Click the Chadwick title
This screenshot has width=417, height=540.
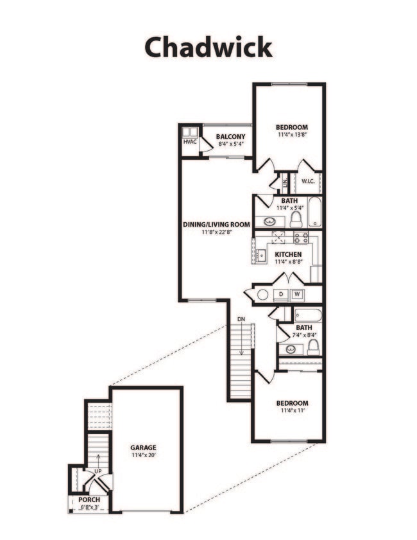click(x=208, y=47)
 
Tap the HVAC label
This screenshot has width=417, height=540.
click(x=189, y=141)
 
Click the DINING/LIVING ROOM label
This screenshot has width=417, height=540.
click(x=216, y=224)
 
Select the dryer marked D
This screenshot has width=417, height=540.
click(x=281, y=295)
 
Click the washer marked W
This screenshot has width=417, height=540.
click(x=298, y=295)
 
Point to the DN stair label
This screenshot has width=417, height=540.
click(x=241, y=318)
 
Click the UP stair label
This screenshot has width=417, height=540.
click(x=98, y=471)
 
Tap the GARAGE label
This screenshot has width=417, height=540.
click(x=143, y=448)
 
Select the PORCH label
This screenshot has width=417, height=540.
click(x=89, y=500)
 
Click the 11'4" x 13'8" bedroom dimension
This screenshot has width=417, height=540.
click(x=292, y=135)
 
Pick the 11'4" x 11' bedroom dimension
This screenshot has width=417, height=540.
click(x=292, y=412)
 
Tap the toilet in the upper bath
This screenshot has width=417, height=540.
click(x=296, y=220)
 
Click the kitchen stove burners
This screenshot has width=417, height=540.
click(x=301, y=237)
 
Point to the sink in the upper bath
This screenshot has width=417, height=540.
click(x=270, y=222)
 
